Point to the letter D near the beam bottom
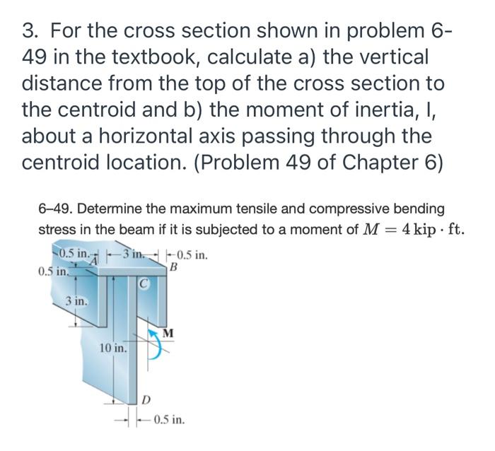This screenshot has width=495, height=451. pos(146,401)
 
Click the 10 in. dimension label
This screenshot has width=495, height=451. pos(114,348)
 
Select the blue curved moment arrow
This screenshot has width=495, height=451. pos(155,344)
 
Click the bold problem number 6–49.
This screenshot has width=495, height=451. pos(56,209)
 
